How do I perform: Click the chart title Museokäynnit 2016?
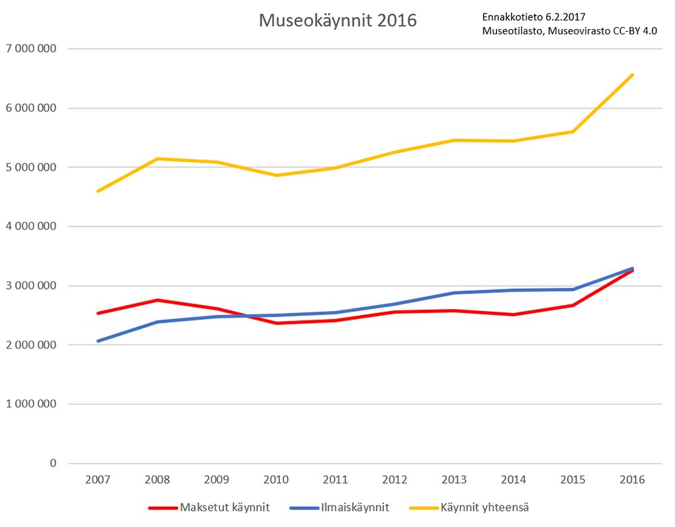337,21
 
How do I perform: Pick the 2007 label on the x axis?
98,480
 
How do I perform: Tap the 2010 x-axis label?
276,480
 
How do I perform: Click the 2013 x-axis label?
454,480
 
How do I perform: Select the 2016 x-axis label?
632,480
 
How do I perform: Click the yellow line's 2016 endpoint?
632,75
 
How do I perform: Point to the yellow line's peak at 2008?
157,159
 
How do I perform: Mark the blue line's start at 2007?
98,341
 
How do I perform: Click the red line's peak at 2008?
157,300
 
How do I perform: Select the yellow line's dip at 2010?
276,175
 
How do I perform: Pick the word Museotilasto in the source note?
512,30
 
